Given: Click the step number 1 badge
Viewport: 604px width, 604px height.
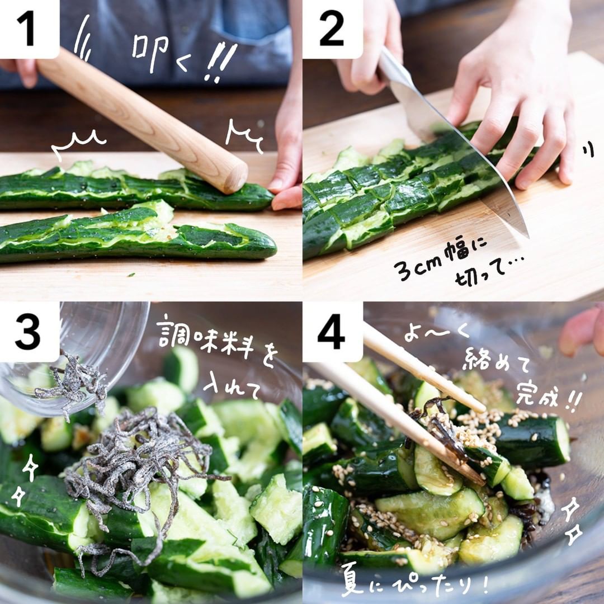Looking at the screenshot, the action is click(x=29, y=29).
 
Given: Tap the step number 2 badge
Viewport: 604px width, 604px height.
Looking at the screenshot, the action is click(x=332, y=29).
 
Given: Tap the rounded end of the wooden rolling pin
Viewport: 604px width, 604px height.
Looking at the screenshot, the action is click(x=234, y=178).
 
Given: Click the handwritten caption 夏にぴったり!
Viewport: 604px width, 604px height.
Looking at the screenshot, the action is click(x=414, y=583).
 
